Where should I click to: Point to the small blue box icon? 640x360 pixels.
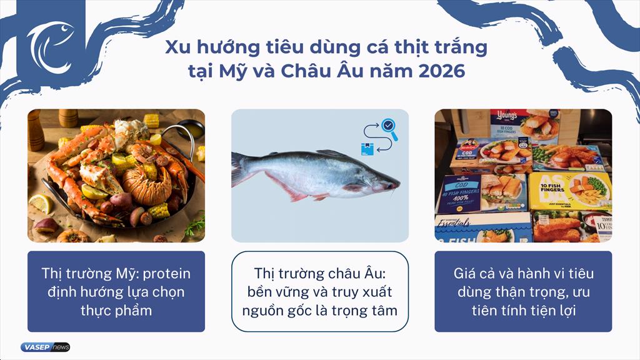point(366,148)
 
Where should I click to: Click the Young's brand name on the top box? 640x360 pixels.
point(506,117)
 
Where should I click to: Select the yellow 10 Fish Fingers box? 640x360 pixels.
point(569,191)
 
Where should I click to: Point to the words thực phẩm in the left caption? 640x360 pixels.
point(116,309)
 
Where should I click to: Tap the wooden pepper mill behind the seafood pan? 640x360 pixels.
point(36,128)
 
